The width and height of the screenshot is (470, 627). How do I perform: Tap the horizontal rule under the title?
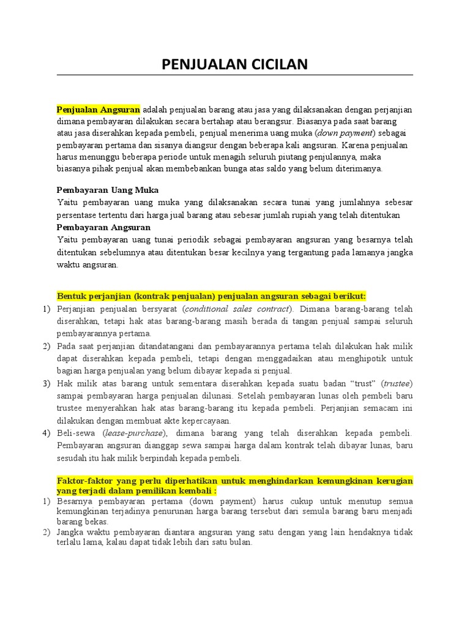coord(235,75)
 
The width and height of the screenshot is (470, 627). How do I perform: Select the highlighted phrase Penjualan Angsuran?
coord(99,110)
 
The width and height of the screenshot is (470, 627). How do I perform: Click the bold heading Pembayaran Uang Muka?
coord(108,190)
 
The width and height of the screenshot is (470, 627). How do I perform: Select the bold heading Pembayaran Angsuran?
coord(103,227)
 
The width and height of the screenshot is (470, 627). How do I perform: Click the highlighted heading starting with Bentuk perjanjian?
coord(211,296)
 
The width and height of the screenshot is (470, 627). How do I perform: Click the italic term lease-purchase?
coord(134,433)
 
